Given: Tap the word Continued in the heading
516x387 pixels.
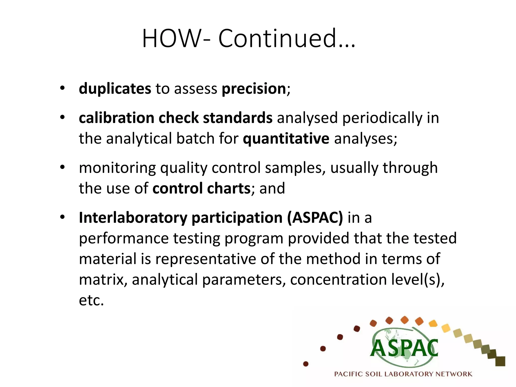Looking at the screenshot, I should (277, 39).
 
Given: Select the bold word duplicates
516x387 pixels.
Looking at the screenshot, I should (115, 89).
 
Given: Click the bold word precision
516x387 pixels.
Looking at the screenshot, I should (254, 89).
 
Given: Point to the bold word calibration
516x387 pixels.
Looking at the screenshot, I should (116, 118).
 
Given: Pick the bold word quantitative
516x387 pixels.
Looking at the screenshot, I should (286, 139).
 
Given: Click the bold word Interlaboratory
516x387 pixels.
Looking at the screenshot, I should (133, 218).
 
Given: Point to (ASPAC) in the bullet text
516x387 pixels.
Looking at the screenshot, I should (315, 218).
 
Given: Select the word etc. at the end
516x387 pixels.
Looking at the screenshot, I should (91, 300).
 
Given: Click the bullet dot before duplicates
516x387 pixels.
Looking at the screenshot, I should (62, 88).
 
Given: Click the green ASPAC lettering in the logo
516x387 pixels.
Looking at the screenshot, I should (404, 348).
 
